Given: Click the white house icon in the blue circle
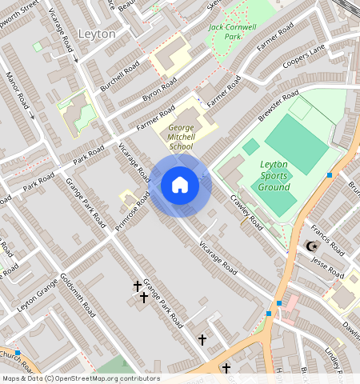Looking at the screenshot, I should [180, 186].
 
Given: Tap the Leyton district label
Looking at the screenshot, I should [98, 34].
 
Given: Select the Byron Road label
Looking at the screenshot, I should [159, 90].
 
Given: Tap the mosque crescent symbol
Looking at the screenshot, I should [310, 246].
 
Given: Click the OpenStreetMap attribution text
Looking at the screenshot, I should [81, 378].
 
